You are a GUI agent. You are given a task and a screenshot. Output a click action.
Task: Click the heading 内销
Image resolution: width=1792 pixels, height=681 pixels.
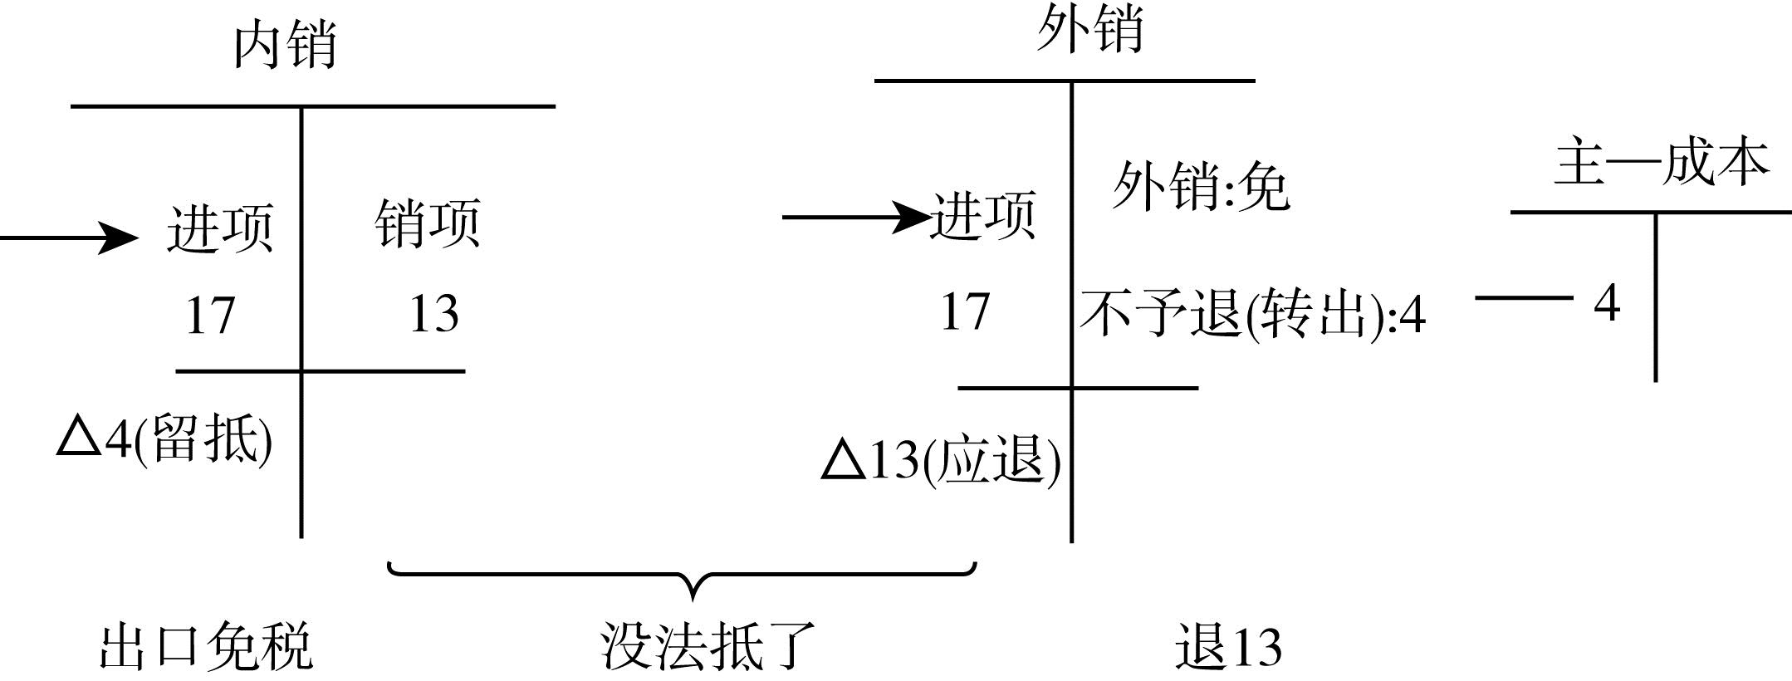click(285, 46)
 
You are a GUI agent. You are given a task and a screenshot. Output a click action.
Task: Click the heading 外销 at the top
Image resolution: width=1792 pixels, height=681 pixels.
click(1089, 29)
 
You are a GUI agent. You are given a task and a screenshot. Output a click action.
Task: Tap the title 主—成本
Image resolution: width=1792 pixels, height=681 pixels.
click(1661, 163)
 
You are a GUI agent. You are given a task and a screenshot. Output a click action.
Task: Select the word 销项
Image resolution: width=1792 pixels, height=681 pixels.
click(427, 223)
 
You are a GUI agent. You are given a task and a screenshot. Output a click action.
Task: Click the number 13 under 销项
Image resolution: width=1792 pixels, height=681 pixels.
click(433, 314)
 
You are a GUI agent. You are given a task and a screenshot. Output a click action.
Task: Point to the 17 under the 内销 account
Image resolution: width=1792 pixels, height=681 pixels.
click(210, 316)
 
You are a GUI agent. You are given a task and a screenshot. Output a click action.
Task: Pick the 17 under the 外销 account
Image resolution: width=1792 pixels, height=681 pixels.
click(965, 312)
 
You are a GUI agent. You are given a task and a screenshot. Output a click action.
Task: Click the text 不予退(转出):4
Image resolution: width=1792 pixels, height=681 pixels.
click(1252, 316)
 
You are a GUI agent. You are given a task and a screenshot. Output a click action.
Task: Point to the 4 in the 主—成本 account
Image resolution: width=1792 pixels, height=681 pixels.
click(1607, 303)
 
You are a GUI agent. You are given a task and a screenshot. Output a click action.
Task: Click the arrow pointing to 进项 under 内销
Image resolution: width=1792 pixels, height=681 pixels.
click(71, 238)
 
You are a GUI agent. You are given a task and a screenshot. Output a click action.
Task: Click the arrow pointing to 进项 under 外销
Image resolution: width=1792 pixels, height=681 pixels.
click(855, 218)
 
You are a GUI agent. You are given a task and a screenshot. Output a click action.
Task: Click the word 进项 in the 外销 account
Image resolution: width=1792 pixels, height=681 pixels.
click(983, 216)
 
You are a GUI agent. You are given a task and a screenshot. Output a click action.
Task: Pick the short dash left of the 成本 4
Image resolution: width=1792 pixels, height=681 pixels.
click(1524, 297)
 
